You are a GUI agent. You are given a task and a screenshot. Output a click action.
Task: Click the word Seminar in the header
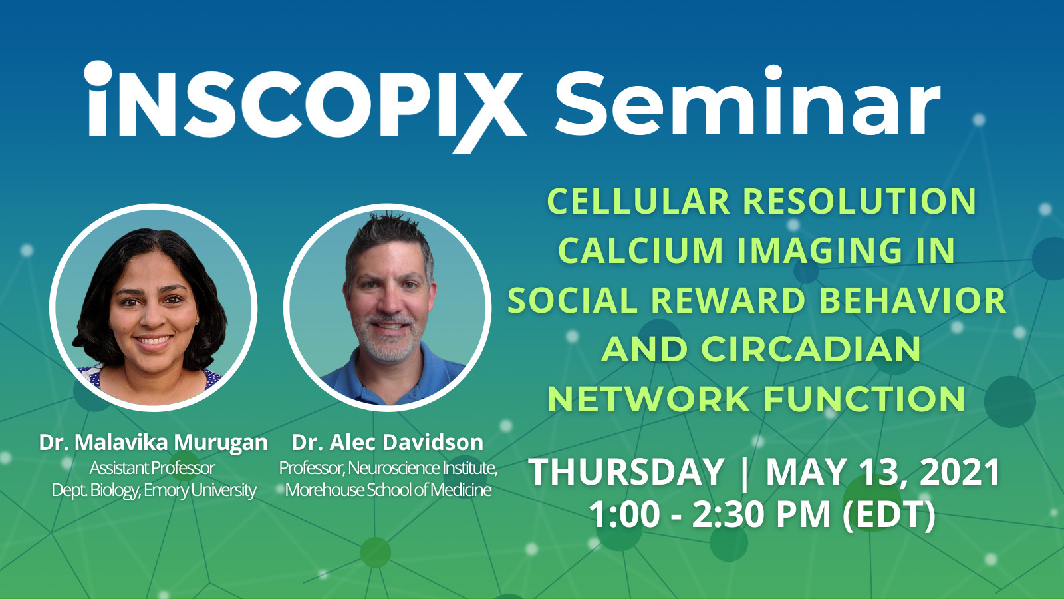click(747, 103)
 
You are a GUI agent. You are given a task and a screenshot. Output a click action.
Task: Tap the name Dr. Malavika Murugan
click(153, 443)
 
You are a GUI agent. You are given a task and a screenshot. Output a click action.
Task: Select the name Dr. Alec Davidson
click(387, 443)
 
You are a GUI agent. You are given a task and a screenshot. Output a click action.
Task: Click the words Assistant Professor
click(152, 468)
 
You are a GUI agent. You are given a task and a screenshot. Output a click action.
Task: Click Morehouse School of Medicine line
click(388, 490)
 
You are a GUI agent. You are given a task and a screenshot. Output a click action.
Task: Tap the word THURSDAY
click(626, 473)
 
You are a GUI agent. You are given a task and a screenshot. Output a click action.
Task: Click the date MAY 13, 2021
click(883, 473)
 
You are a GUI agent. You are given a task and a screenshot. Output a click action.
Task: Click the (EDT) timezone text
click(889, 515)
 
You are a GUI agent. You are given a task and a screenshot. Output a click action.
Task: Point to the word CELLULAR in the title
click(638, 202)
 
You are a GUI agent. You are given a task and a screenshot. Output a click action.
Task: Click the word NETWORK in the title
click(648, 399)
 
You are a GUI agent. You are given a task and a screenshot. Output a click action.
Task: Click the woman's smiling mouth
click(154, 341)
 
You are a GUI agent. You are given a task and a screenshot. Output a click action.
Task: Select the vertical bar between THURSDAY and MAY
click(744, 473)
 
